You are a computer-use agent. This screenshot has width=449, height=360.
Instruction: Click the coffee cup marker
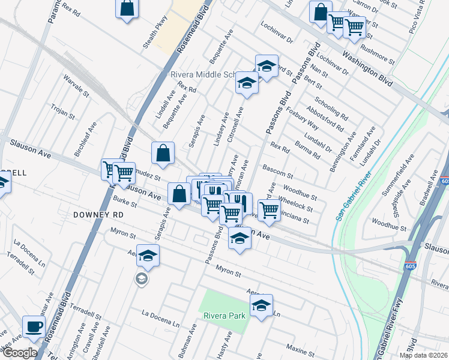pos(34,327)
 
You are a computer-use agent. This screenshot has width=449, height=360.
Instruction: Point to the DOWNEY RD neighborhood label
pos(98,214)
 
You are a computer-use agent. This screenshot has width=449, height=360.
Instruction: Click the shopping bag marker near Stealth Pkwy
pos(127,9)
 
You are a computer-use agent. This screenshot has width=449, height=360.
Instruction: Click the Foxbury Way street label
pos(301,118)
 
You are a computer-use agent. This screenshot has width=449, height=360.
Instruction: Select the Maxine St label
pos(297,347)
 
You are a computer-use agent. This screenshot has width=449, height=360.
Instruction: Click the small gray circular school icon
pos(140,278)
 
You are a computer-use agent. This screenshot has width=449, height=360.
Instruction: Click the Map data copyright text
pos(423,355)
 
